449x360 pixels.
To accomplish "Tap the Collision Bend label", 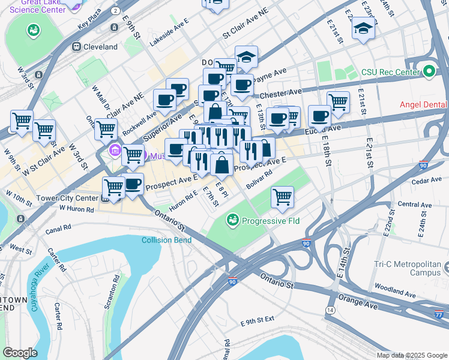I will (x=166, y=241).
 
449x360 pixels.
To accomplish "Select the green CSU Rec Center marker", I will (x=428, y=72).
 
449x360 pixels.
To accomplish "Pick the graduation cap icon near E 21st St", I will (x=363, y=28).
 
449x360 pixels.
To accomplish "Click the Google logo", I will (x=20, y=353).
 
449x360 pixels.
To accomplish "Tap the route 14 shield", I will (x=330, y=310).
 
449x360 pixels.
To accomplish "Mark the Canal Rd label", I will (x=58, y=227).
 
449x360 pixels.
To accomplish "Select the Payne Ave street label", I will (x=273, y=73).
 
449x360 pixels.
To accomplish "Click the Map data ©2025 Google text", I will (x=411, y=355).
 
